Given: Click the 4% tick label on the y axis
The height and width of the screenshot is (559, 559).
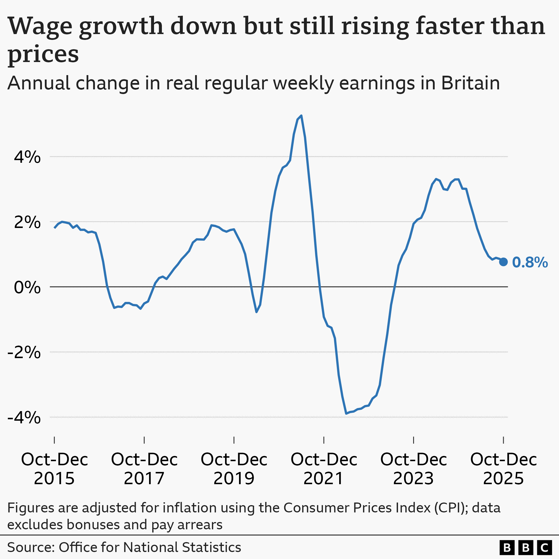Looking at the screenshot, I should click(27, 157).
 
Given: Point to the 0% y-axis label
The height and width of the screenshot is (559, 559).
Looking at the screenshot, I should click(27, 288).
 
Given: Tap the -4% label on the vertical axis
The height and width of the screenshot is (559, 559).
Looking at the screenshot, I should click(24, 418).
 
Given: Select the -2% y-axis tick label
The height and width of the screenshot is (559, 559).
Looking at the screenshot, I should click(24, 353).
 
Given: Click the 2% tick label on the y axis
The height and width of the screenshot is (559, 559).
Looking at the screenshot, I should click(27, 222).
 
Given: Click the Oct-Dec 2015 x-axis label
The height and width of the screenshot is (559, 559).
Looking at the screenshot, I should click(54, 469).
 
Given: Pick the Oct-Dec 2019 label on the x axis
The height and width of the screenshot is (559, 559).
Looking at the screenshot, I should click(234, 469).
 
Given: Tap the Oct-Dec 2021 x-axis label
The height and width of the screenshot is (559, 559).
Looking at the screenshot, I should click(324, 469).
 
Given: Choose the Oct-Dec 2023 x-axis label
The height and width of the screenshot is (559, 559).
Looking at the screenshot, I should click(413, 469).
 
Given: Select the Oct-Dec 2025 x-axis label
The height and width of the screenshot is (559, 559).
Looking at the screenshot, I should click(503, 469).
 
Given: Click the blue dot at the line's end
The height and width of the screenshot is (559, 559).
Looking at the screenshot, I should click(503, 262).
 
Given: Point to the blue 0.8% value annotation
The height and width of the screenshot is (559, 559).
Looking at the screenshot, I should click(530, 262).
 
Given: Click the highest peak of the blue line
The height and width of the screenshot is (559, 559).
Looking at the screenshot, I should click(301, 116).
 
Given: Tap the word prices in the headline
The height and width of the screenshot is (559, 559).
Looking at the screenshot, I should click(43, 55).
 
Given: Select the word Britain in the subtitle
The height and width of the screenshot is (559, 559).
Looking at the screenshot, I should click(470, 83).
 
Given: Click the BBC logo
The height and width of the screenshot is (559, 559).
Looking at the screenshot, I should click(526, 548).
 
